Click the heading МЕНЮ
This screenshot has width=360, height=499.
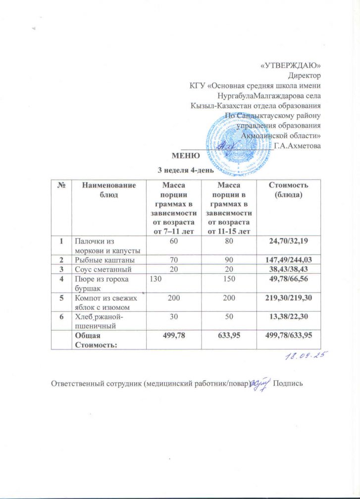186,156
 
